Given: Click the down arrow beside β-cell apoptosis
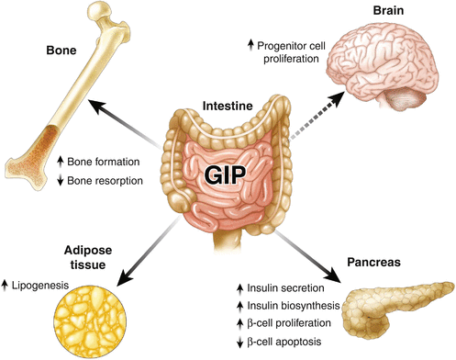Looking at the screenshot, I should click(x=242, y=342).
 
